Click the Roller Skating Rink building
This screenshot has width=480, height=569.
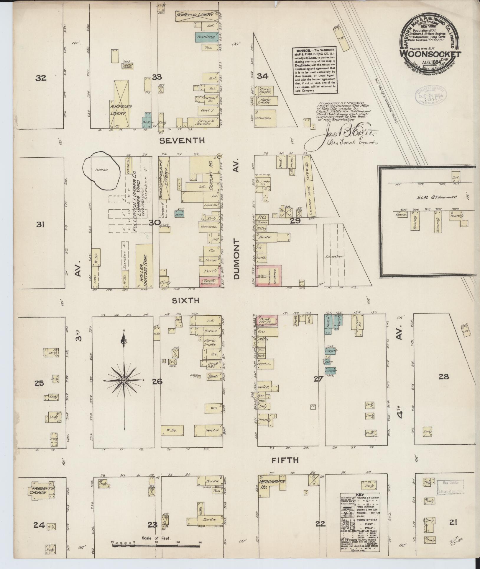point(144,266)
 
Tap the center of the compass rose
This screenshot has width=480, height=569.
point(124,380)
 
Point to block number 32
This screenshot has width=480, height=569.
point(41,78)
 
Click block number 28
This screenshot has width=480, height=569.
point(443,376)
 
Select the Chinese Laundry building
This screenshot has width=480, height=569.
point(128,66)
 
